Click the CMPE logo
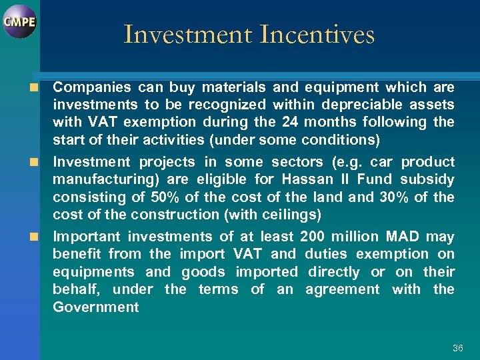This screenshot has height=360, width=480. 19,21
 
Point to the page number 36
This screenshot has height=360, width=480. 457,348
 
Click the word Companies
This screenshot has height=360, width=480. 91,87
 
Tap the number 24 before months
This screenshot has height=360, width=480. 291,122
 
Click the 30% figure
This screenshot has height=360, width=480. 398,197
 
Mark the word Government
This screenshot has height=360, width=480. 95,307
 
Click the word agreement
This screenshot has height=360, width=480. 342,289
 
